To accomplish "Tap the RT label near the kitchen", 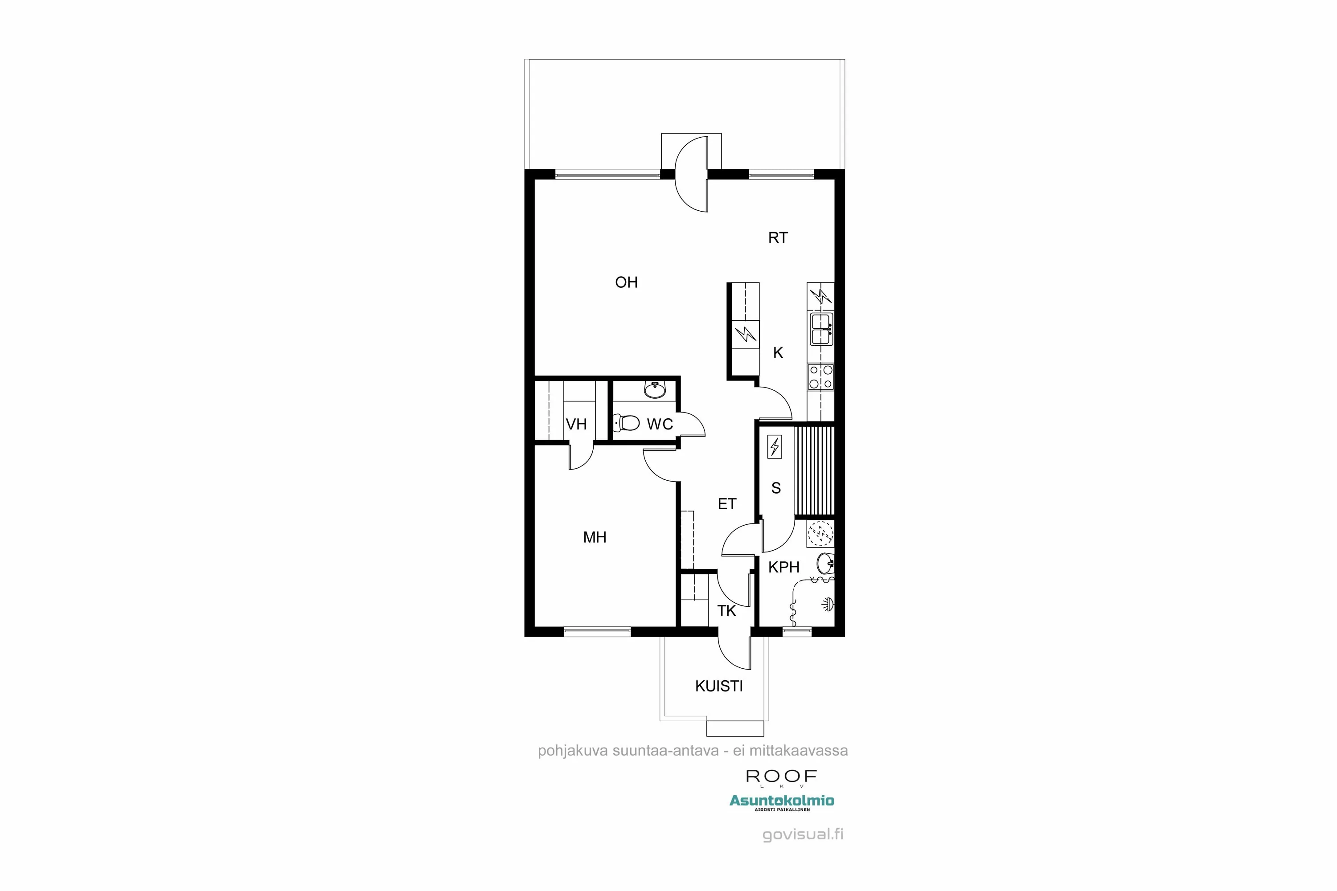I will [778, 238].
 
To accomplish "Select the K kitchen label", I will [778, 353].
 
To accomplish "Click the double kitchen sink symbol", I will [821, 329].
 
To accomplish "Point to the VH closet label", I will [576, 425].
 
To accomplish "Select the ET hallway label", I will [726, 504].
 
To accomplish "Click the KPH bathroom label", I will [783, 567].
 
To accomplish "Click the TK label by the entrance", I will [726, 611].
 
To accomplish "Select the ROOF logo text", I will [781, 776].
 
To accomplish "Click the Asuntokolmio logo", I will [782, 801].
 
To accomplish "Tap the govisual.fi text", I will [803, 834].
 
